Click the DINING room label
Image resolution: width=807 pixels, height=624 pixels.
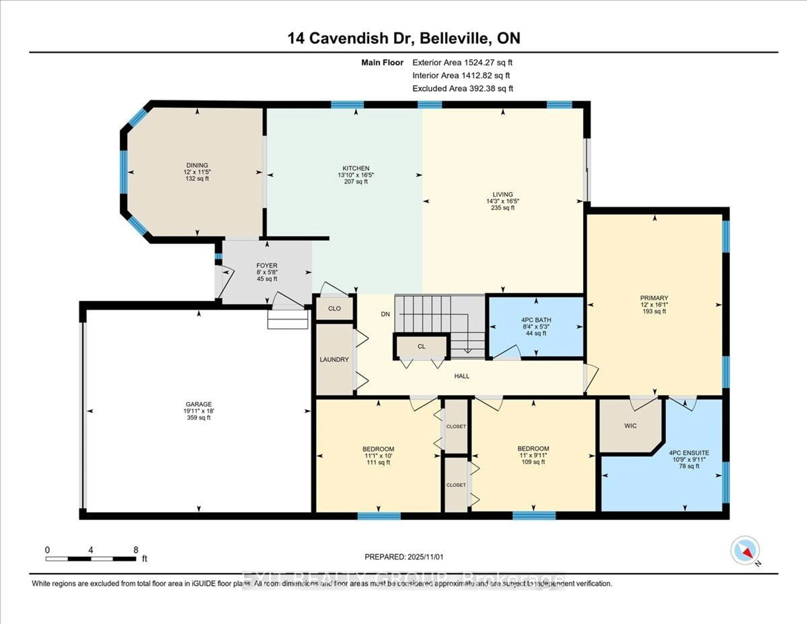pos(197,165)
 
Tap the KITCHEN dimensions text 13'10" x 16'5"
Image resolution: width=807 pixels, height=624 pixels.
pos(356,175)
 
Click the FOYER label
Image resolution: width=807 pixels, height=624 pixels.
pos(267,266)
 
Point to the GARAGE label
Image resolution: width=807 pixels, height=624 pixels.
pos(199,404)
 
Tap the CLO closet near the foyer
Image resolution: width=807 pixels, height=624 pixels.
pos(334,308)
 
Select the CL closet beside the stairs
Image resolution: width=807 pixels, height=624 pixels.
pos(421,347)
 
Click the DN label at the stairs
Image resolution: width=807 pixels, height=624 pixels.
pos(385,314)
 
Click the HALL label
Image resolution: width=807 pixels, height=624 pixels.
pos(462,376)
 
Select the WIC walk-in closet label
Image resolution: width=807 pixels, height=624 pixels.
pos(630,426)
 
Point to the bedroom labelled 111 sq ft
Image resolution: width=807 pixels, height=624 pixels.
pos(378,462)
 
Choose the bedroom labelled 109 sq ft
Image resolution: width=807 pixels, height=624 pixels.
pos(533,462)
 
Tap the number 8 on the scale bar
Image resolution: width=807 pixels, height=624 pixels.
pos(136,550)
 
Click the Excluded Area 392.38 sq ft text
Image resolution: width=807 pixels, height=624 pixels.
pos(463,88)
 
